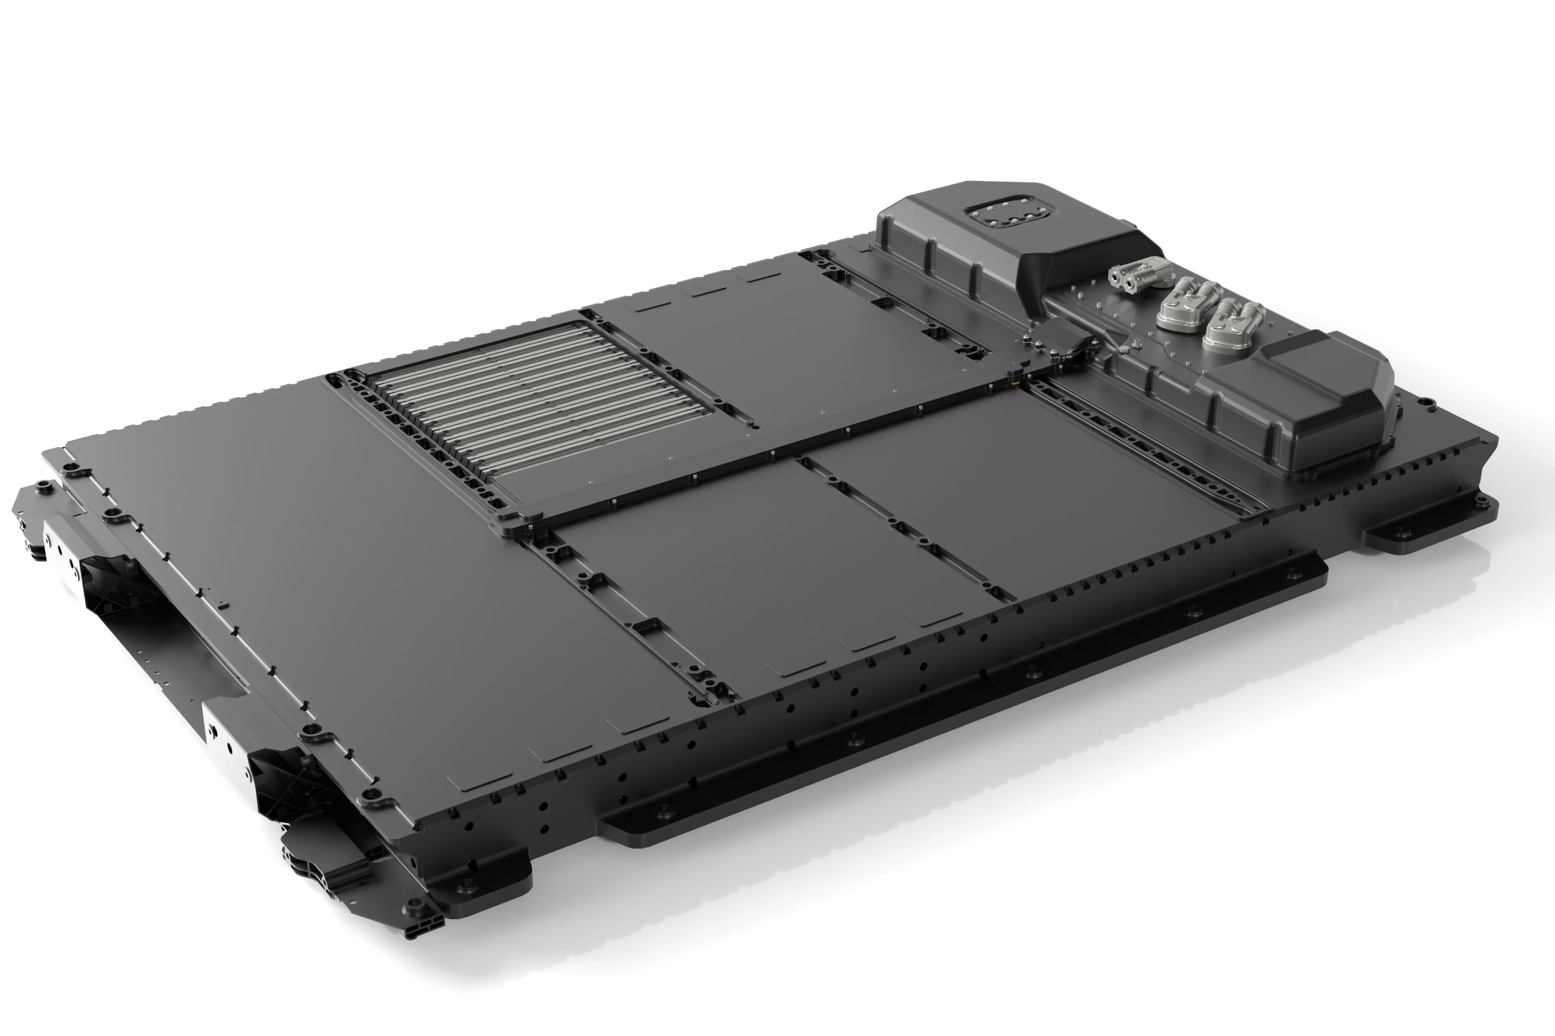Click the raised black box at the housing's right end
click(1329, 403)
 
